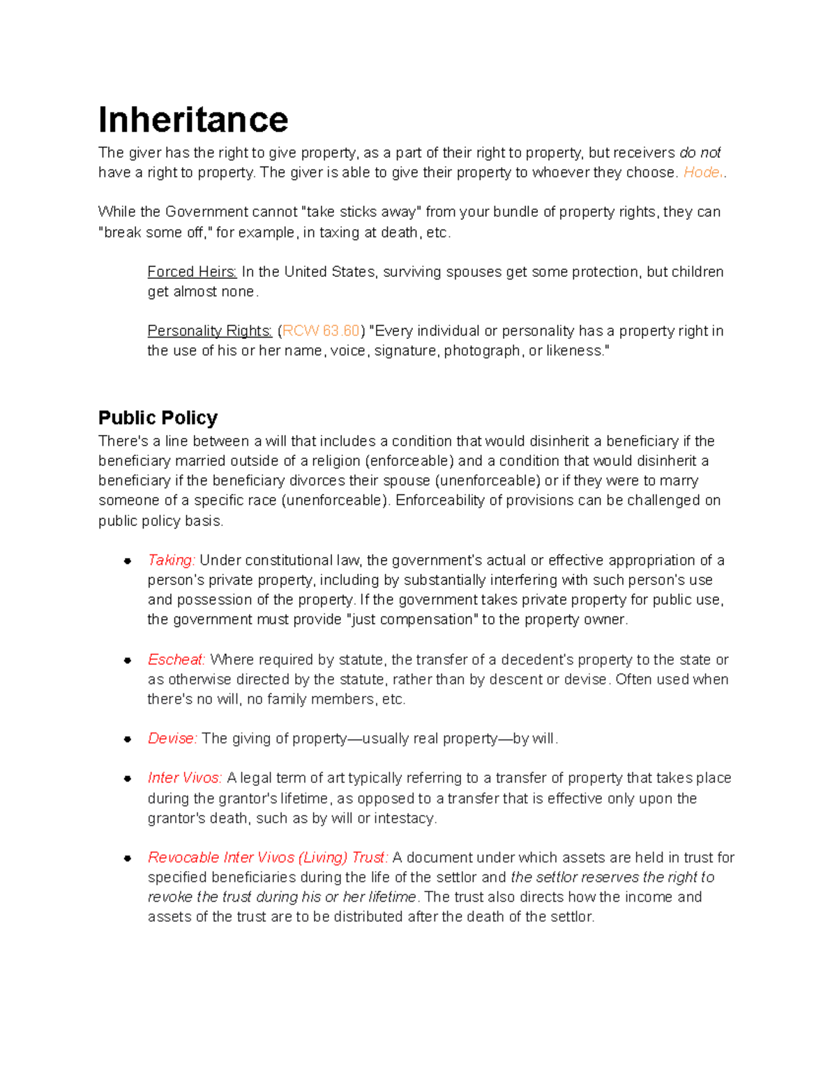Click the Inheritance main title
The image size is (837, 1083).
[193, 119]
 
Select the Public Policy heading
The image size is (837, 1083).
[158, 418]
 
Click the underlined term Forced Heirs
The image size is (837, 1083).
[192, 272]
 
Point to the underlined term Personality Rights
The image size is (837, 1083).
[209, 331]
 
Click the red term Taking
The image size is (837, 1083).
[171, 561]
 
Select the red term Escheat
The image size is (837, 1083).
[176, 660]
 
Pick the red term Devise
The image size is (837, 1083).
[172, 739]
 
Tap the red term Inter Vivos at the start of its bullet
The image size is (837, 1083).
[185, 778]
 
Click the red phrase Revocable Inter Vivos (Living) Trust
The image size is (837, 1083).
[268, 858]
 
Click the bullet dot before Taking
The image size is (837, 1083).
[128, 561]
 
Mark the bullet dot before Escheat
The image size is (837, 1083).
[128, 660]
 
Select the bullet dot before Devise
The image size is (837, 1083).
[128, 740]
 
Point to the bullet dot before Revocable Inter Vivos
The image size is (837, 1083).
[128, 858]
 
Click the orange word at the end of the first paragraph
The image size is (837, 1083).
[703, 173]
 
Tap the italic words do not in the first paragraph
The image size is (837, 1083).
[700, 153]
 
